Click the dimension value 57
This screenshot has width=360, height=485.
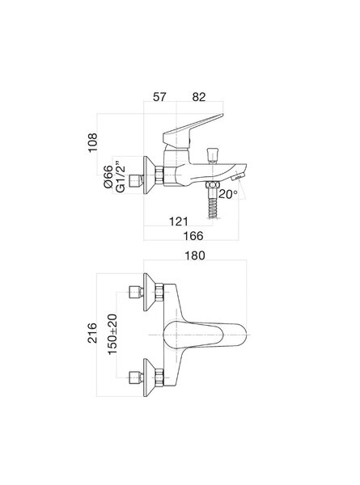coord(159,97)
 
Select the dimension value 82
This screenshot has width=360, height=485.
coord(199,97)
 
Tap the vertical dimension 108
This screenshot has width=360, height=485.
coord(92,142)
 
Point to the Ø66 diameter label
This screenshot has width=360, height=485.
coord(108,177)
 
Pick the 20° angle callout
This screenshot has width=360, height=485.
coord(228,194)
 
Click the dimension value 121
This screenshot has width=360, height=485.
coord(179,221)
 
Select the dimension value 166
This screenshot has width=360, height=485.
coord(193,236)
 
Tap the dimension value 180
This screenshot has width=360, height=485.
coord(195,255)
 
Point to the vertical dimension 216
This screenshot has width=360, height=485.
coord(92,333)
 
